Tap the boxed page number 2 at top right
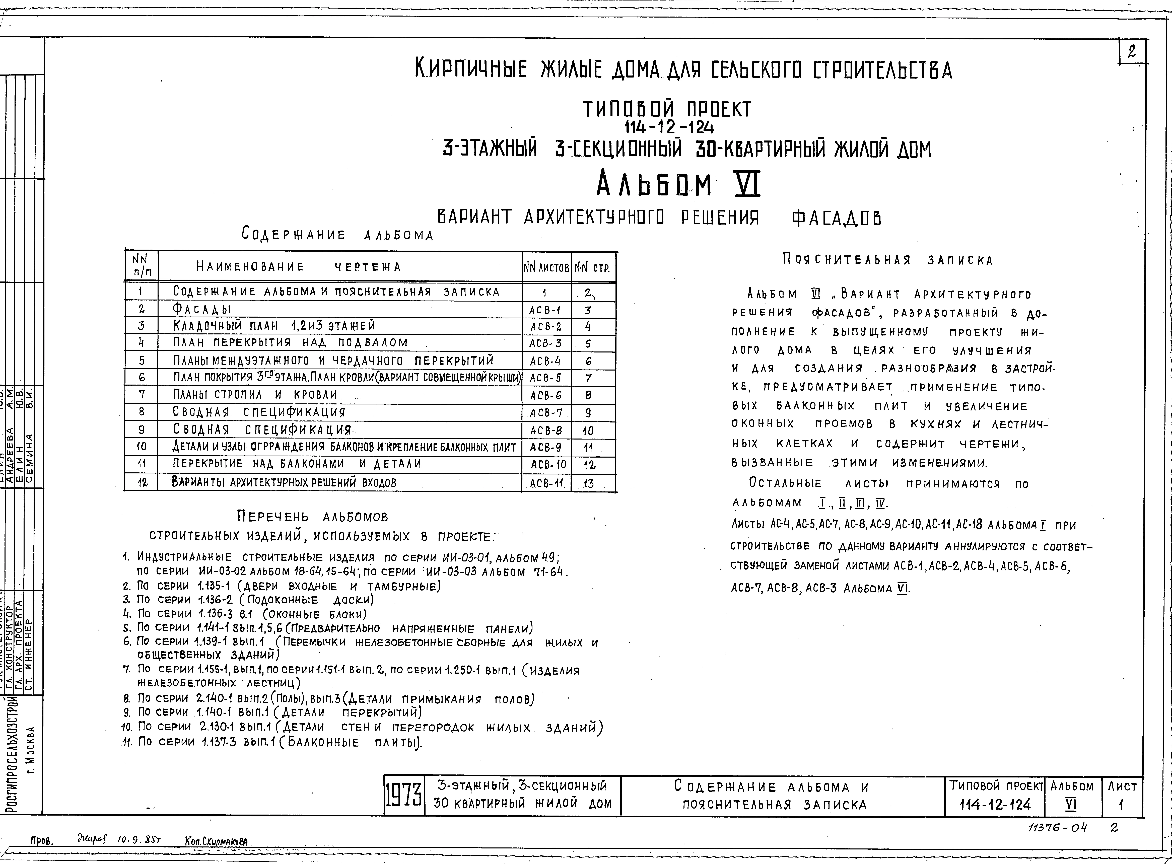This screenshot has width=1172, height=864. pos(1132,52)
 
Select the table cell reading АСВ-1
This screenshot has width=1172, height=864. pos(545,310)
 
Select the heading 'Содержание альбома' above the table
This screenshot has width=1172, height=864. pos(338,235)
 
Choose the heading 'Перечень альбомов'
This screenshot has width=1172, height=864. pos(313,517)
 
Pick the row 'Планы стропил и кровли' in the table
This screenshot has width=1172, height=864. pos(255,395)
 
